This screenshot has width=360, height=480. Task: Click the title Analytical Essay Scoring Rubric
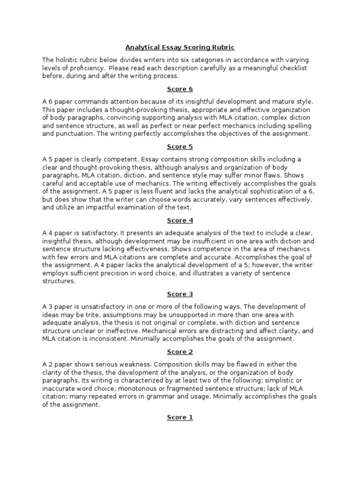pos(180,47)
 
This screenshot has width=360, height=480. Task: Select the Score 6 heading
pos(180,89)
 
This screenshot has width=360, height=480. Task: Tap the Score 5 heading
pos(180,147)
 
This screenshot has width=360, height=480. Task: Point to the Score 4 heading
pos(180,220)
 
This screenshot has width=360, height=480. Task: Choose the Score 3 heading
pos(180,294)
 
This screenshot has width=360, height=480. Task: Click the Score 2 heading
pos(180,352)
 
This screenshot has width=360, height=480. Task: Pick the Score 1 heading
pos(180,417)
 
